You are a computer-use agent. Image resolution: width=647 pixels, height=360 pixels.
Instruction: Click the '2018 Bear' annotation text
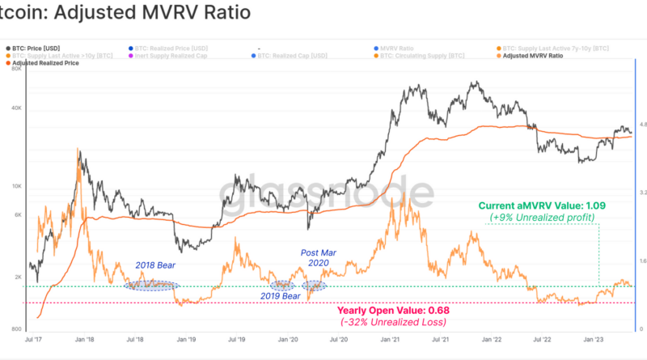155,265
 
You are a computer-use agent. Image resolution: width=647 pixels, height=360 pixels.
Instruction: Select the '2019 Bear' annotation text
281,297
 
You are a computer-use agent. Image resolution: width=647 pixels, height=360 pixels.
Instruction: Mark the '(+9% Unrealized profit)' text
542,218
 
